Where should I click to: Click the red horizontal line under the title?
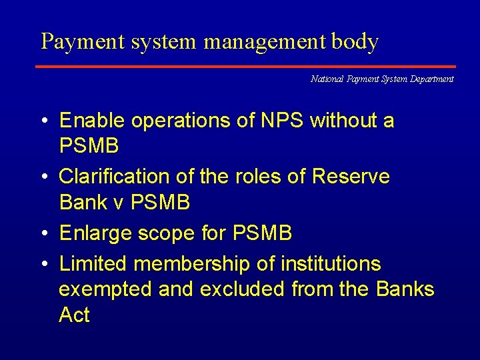[245, 67]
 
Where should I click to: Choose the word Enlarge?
[95, 233]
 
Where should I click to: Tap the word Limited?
[93, 264]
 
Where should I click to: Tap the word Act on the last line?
[74, 315]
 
